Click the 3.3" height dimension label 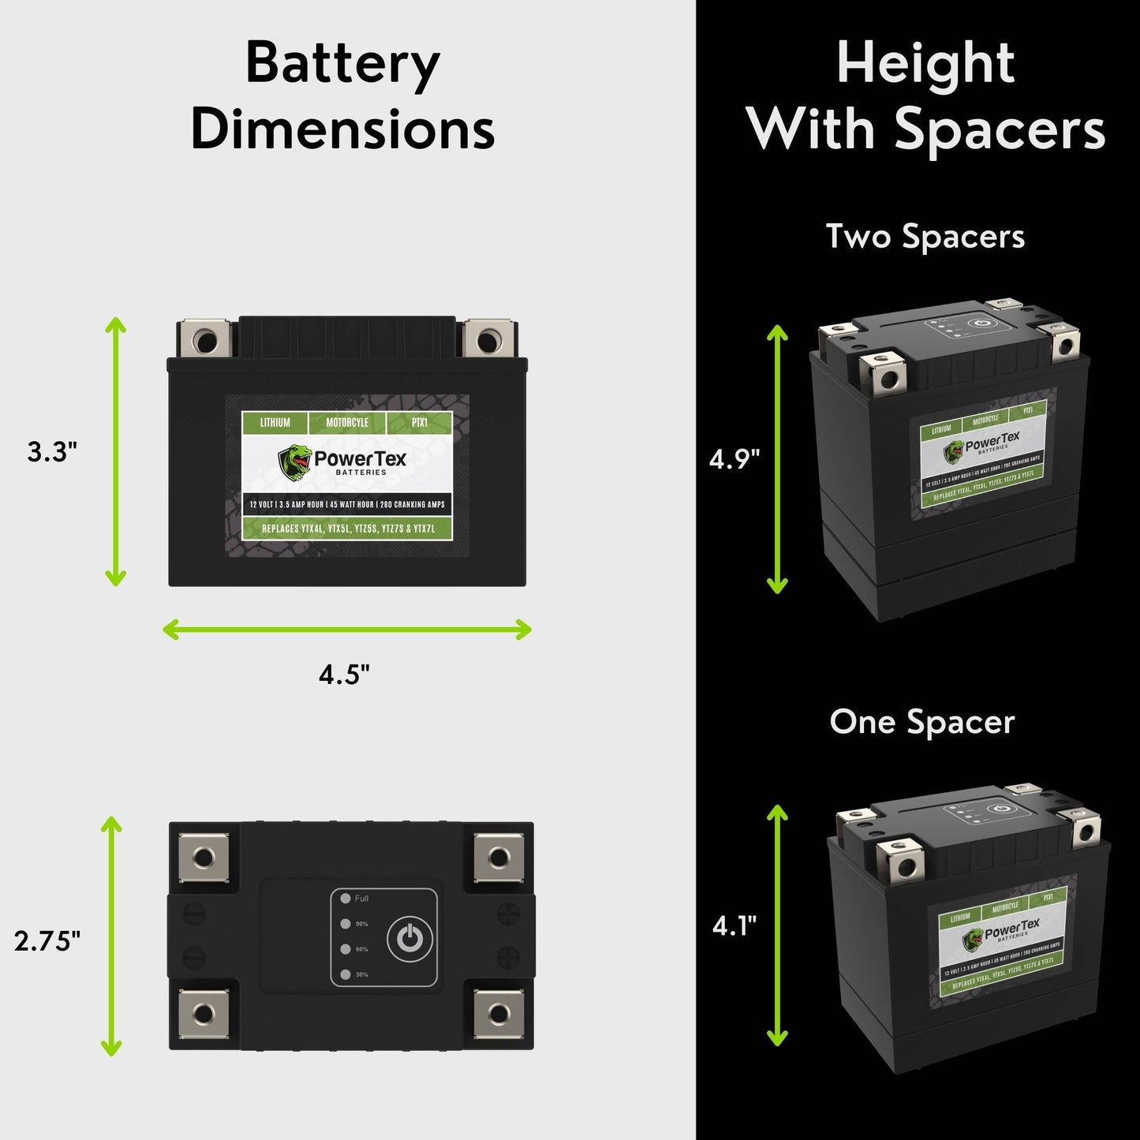tap(52, 452)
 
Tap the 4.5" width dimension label tap(344, 675)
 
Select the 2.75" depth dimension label tap(47, 940)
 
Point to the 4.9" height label tap(734, 458)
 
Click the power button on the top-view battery tap(409, 938)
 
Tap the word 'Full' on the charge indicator tap(361, 899)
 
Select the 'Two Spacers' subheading tap(925, 237)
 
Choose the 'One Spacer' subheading tap(921, 722)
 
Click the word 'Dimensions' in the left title tap(343, 129)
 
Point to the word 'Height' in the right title tap(925, 63)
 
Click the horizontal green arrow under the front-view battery tap(347, 630)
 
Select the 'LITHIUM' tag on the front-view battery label tap(275, 423)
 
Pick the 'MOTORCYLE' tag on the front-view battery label tap(347, 423)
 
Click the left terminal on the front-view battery tap(204, 340)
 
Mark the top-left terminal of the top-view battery tap(204, 857)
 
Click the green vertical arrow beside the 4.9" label tap(778, 458)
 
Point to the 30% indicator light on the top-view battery tap(346, 975)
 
